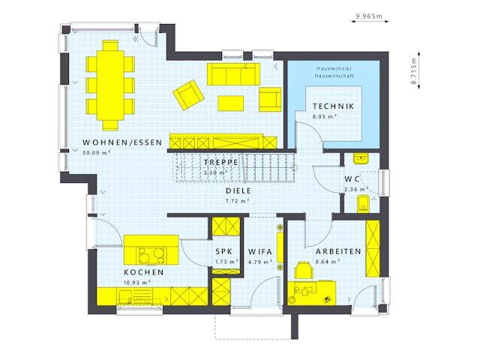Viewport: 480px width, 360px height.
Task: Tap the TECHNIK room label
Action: click(x=334, y=106)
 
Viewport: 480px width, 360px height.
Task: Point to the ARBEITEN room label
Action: click(x=337, y=251)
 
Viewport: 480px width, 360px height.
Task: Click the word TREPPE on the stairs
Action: click(x=220, y=162)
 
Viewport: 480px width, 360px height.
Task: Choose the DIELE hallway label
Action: click(x=238, y=190)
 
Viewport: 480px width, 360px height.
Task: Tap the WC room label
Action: click(x=352, y=179)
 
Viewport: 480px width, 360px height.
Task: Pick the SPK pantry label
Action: click(x=224, y=251)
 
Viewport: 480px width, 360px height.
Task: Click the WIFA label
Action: click(x=259, y=251)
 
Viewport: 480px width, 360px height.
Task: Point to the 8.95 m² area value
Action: click(x=325, y=117)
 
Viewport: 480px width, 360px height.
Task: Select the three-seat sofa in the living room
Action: click(x=233, y=74)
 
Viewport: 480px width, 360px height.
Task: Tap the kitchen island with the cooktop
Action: click(x=151, y=250)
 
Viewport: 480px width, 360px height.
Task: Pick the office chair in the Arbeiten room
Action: click(x=304, y=270)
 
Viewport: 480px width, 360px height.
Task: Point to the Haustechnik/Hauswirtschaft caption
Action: click(x=335, y=72)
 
